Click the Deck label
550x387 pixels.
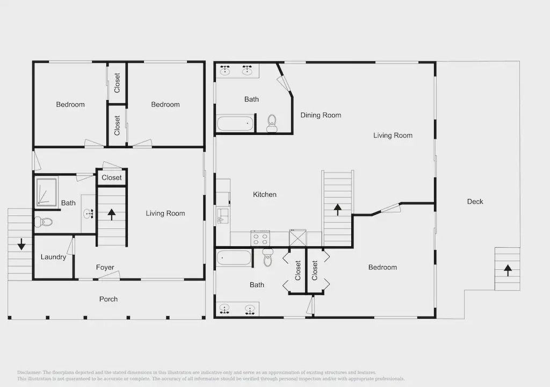[475, 202]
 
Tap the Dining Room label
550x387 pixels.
[321, 115]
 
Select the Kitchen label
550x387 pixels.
[264, 195]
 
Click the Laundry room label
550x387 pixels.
[53, 257]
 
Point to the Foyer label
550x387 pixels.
[105, 268]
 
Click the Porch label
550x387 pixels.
[108, 299]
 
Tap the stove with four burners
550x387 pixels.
[260, 238]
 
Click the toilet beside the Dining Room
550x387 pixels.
[272, 123]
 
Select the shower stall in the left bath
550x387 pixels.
[46, 192]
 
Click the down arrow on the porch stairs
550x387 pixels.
[21, 244]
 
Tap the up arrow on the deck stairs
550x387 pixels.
[508, 270]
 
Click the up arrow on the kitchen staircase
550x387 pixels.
[337, 209]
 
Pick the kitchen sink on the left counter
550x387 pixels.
[222, 216]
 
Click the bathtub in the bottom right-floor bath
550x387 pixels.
[234, 258]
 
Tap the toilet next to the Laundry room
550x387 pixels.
[43, 221]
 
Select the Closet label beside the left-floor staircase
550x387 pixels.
[112, 178]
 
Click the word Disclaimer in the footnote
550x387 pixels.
[29, 372]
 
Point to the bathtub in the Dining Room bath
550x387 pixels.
[235, 124]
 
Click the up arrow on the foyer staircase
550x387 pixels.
[112, 214]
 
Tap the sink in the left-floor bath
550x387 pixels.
[88, 213]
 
